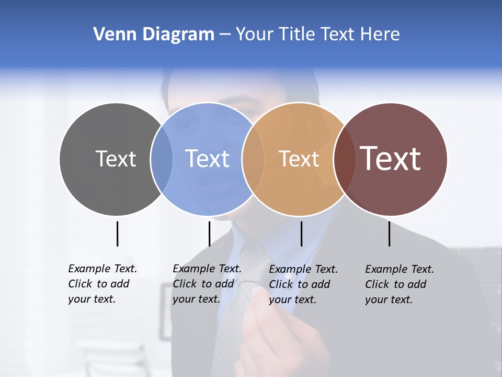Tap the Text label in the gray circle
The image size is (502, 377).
[x=116, y=159]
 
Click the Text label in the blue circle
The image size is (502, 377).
[x=207, y=159]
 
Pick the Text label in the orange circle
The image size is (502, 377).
[x=299, y=159]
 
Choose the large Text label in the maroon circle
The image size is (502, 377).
[x=390, y=159]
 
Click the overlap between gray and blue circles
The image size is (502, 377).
[x=162, y=159]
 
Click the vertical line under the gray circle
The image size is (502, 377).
[x=117, y=234]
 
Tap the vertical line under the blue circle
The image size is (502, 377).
[x=209, y=234]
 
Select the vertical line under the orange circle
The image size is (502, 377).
[x=301, y=234]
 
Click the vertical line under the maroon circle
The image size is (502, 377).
[x=390, y=234]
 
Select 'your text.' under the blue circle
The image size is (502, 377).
[x=196, y=299]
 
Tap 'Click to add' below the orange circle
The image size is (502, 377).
[x=300, y=284]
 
